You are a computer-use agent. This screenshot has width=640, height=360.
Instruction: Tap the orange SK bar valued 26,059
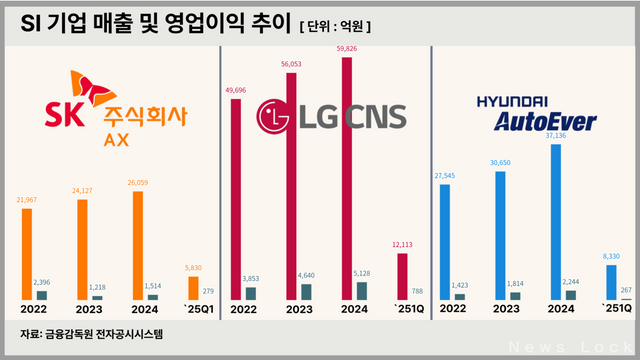click(138, 246)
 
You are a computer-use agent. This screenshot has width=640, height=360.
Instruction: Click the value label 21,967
click(27, 199)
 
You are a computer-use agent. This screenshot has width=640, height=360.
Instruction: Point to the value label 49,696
click(237, 89)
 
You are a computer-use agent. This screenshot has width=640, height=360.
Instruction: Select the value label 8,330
click(609, 256)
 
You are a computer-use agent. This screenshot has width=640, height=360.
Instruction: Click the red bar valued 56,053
click(292, 185)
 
